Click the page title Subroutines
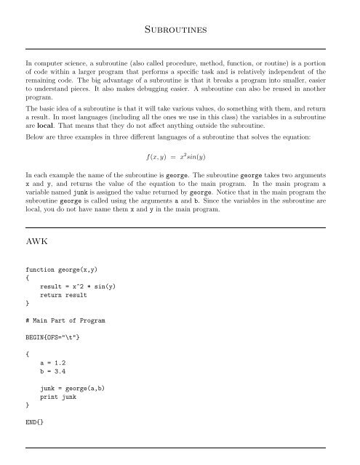point(180,29)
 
